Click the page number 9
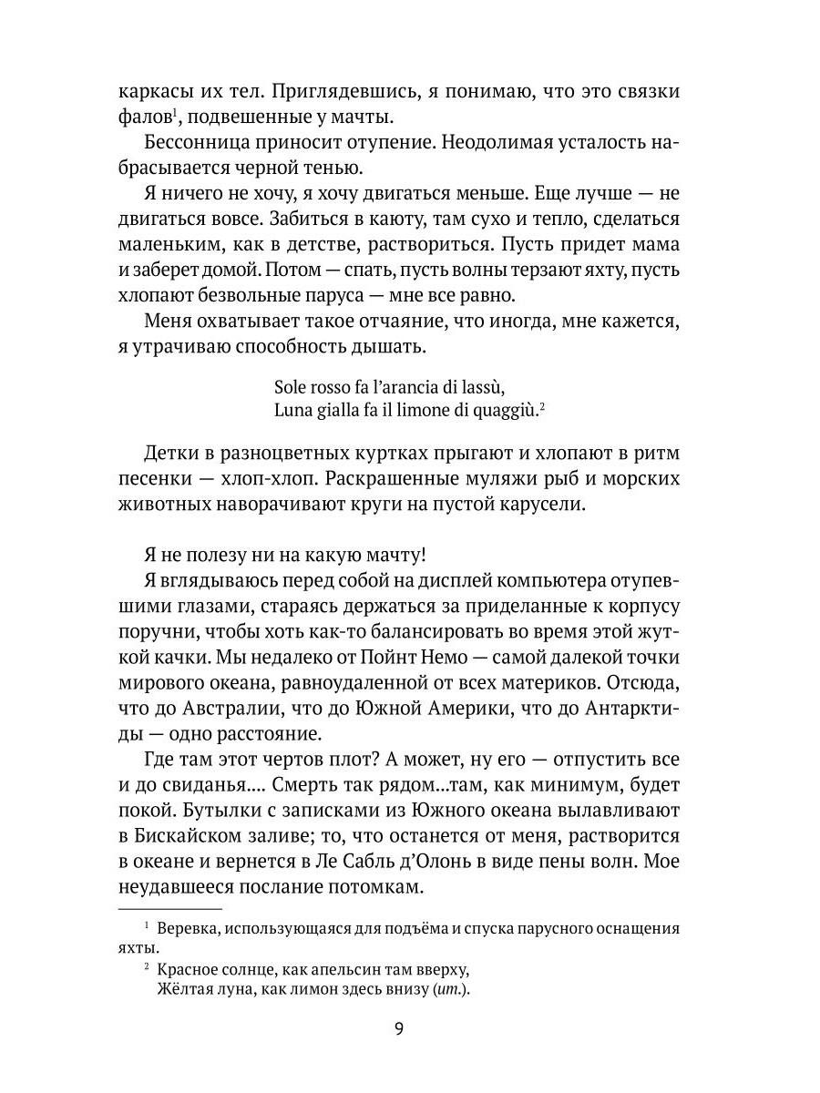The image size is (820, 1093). pyautogui.click(x=400, y=1029)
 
